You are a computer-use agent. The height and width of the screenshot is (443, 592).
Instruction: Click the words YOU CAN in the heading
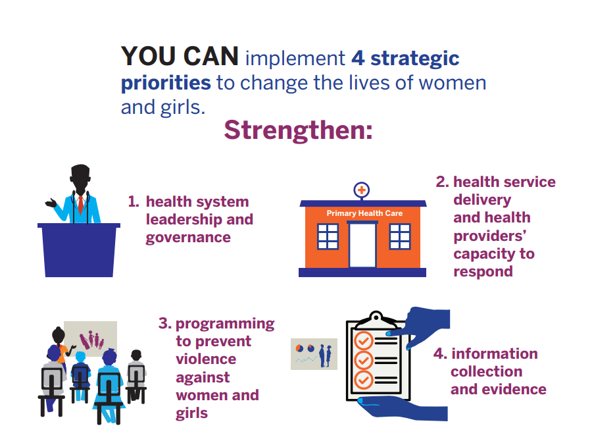(180, 57)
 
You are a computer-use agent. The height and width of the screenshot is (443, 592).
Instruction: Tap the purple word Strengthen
(295, 130)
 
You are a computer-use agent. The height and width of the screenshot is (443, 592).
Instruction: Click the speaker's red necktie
(80, 204)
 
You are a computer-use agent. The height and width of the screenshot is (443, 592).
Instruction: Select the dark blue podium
(79, 250)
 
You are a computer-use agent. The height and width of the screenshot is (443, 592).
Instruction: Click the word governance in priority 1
(188, 238)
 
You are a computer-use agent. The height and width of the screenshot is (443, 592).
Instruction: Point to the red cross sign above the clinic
(361, 190)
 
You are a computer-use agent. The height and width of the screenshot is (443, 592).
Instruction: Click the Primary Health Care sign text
(364, 213)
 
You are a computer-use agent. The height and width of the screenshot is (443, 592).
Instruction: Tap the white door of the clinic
(362, 245)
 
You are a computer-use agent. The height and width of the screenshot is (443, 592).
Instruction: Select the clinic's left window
(328, 236)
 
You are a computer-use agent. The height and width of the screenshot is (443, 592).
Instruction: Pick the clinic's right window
(400, 236)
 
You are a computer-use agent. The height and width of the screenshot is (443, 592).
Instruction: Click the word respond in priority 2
(483, 273)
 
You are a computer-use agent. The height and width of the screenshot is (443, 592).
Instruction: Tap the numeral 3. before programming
(165, 323)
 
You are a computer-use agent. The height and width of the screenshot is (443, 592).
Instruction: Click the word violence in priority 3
(206, 359)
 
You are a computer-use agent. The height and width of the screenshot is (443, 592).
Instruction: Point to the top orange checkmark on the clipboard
(364, 341)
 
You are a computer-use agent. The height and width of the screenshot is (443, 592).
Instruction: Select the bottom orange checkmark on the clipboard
(364, 380)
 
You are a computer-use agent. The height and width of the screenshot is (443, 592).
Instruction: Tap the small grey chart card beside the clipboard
(314, 354)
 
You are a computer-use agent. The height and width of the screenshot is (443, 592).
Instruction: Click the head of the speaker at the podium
(80, 178)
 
